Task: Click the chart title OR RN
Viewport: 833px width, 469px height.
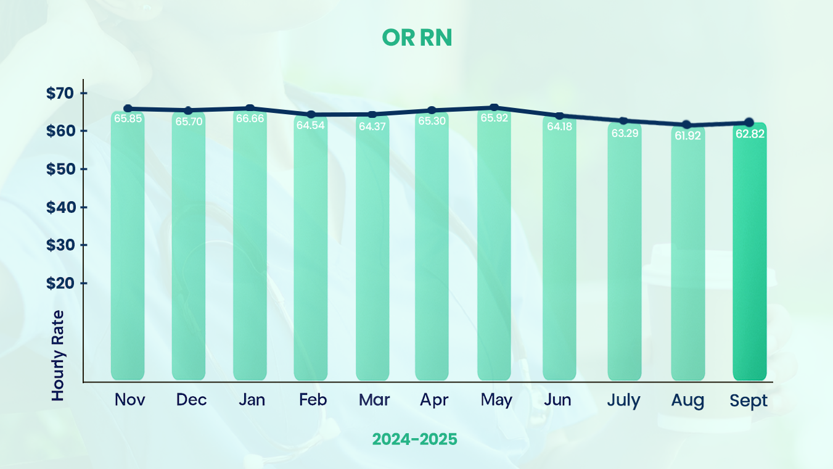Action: [x=417, y=38]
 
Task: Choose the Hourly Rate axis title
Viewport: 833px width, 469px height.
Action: [x=58, y=355]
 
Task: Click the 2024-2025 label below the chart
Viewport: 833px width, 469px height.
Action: [x=414, y=439]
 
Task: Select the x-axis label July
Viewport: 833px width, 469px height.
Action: [x=623, y=400]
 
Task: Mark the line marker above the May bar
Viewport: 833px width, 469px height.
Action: [x=494, y=108]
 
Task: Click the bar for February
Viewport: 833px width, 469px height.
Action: [x=311, y=253]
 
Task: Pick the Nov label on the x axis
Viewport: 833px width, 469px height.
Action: [x=129, y=400]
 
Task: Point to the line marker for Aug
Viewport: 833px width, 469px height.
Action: [x=687, y=125]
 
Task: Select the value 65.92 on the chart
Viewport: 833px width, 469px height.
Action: [x=494, y=118]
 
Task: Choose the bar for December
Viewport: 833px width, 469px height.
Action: [x=189, y=253]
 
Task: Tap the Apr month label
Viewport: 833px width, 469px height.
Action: [x=433, y=400]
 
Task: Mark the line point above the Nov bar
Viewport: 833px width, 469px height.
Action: [x=128, y=109]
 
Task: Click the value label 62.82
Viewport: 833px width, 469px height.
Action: [x=750, y=133]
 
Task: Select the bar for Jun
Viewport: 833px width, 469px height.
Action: [x=559, y=253]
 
